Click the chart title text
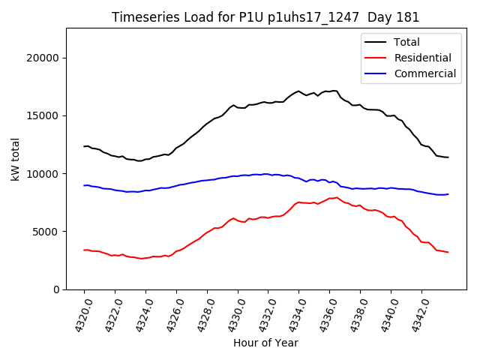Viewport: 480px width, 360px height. coord(265,17)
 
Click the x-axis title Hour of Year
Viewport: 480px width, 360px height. coord(265,343)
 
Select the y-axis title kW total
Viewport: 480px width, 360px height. coord(16,159)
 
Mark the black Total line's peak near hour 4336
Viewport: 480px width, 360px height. coord(334,91)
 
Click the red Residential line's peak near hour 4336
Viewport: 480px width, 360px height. coord(337,197)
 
